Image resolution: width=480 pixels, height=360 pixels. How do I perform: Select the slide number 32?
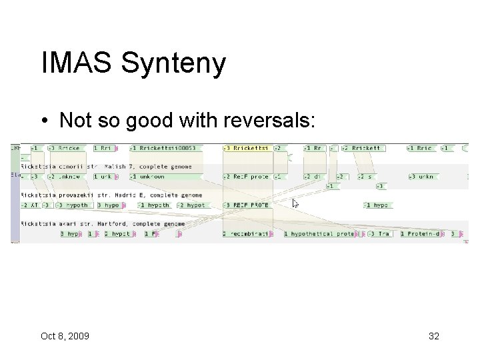tap(433, 336)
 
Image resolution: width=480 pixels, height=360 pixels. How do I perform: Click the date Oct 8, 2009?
tap(65, 336)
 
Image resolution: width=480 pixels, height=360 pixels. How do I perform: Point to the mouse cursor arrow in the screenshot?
tap(295, 203)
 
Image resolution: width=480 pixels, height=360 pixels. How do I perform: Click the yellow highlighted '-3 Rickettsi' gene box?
tap(247, 148)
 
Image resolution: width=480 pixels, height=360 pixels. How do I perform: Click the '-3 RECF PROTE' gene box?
tap(247, 205)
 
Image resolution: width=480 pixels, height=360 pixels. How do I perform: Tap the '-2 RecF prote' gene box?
tap(247, 177)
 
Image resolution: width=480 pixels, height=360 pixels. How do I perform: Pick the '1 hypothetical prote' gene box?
tap(319, 234)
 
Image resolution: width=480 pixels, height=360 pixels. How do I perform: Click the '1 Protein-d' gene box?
tap(424, 234)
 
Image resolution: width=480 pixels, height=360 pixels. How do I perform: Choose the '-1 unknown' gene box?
tap(148, 177)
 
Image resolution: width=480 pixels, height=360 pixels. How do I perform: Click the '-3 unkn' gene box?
tap(422, 177)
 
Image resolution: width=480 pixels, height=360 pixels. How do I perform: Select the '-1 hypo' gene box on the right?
tap(377, 205)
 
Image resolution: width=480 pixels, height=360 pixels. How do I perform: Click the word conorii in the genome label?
tap(67, 167)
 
